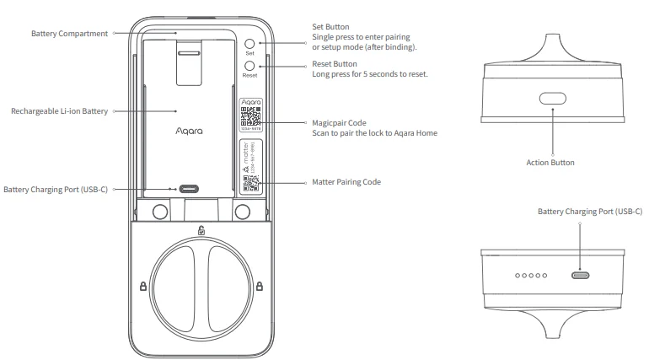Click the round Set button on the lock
[x=249, y=43]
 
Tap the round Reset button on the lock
[x=249, y=66]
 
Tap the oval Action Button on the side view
[x=552, y=98]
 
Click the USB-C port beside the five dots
[x=581, y=275]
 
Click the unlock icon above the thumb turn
[x=201, y=231]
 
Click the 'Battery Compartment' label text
[x=69, y=33]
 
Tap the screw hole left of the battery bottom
[x=158, y=210]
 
